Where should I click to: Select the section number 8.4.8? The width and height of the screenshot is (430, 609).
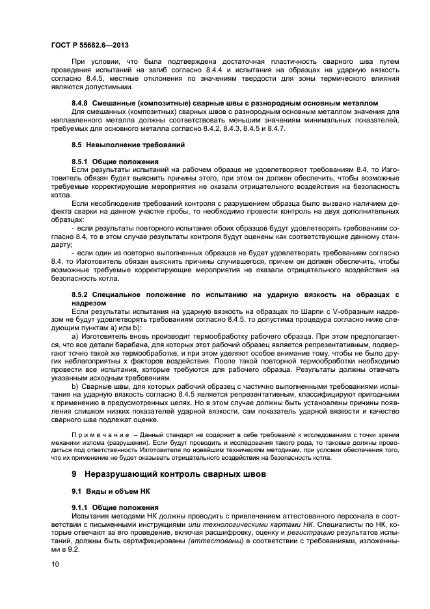[80, 103]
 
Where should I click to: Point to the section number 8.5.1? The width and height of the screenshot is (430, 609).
[80, 160]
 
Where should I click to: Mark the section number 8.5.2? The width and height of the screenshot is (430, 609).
[80, 294]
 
